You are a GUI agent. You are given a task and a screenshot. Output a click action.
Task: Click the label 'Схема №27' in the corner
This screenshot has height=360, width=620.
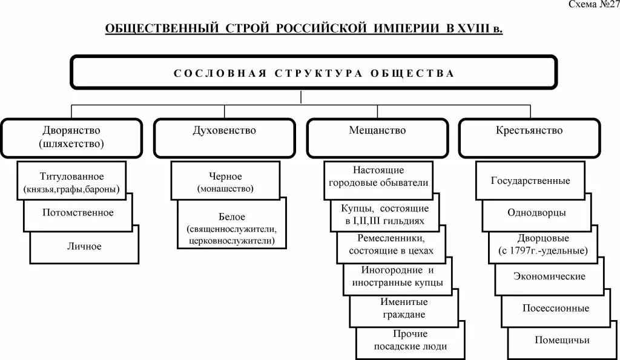[x=592, y=5]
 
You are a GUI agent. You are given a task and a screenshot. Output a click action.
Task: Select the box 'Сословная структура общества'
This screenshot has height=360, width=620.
[x=314, y=73]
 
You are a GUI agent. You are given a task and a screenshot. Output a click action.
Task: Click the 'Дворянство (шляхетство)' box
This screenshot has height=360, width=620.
[x=71, y=137]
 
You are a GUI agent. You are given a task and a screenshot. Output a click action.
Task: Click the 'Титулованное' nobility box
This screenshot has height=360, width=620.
[x=72, y=182]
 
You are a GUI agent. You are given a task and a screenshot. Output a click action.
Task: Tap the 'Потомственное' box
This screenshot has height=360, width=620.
[x=78, y=213]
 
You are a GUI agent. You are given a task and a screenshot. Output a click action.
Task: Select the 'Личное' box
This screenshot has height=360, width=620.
[x=85, y=246]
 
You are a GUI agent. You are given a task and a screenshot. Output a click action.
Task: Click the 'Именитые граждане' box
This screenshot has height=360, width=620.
[x=403, y=308]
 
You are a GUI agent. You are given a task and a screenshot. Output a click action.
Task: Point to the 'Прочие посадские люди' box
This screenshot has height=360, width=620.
[x=410, y=341]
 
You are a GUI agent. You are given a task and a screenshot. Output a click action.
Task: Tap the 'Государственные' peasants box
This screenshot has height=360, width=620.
[x=530, y=181]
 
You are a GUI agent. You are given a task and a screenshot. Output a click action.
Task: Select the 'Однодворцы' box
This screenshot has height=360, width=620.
[x=536, y=213]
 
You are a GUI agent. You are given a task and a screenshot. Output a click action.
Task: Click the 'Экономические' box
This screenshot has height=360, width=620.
[x=549, y=277]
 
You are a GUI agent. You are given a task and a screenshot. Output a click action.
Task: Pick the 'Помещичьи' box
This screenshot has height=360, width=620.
[x=562, y=340]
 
